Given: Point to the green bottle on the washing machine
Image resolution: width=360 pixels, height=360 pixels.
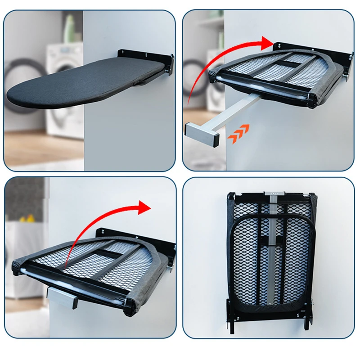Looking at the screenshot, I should point(70,29).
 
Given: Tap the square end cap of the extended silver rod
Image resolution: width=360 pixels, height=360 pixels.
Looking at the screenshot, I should point(202,134).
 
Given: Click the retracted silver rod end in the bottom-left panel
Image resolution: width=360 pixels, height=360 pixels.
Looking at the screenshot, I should point(63,298).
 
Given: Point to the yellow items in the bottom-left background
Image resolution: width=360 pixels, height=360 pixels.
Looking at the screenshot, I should point(27,220).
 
